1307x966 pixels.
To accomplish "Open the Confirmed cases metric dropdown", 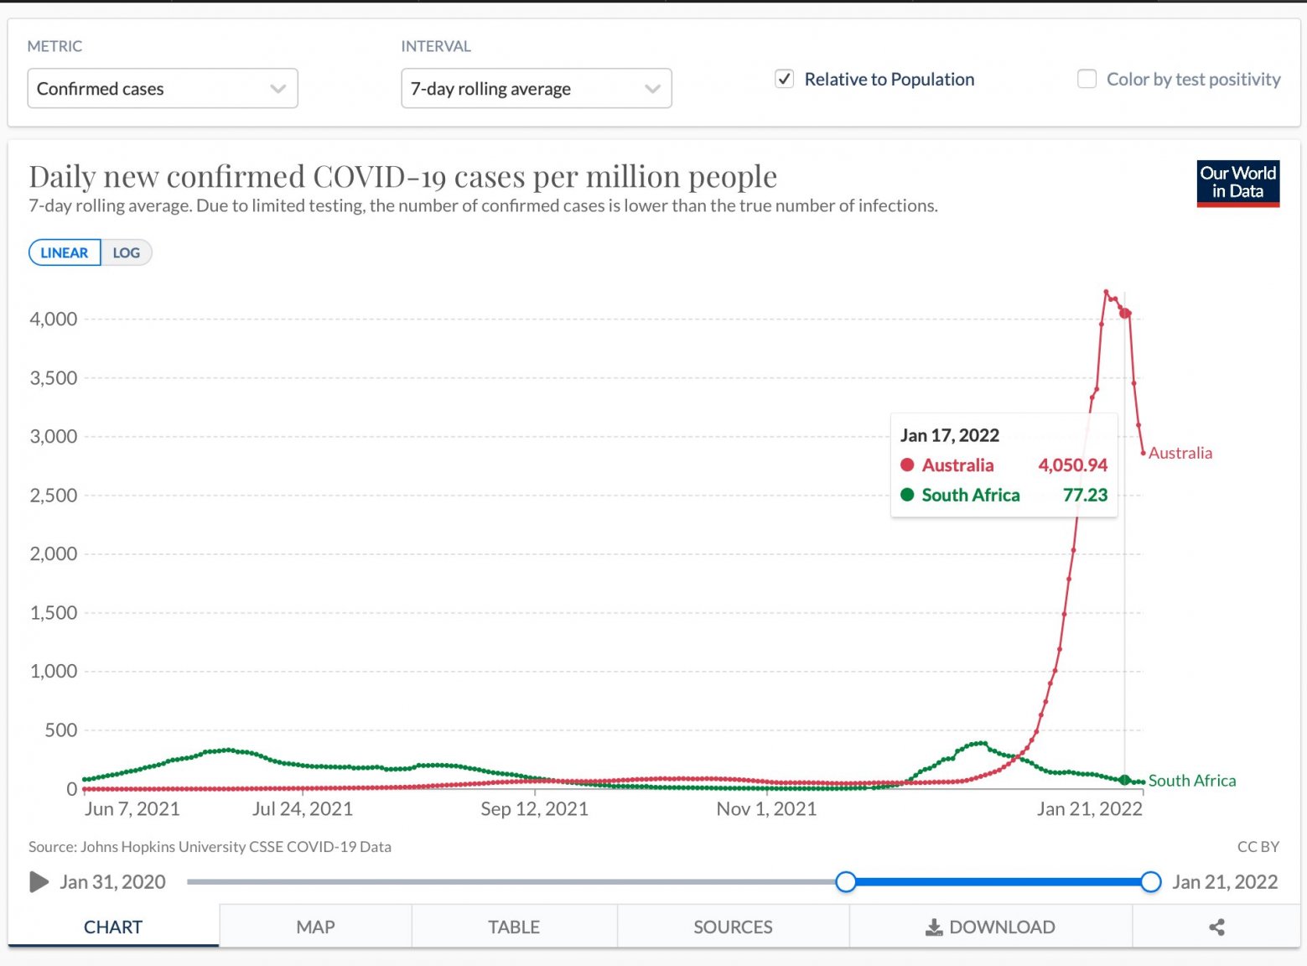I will pyautogui.click(x=163, y=89).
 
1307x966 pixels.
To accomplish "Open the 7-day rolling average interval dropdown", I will pyautogui.click(x=536, y=89).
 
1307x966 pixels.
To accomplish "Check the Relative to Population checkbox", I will pyautogui.click(x=785, y=80).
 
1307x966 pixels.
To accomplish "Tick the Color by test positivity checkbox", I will pyautogui.click(x=1087, y=80).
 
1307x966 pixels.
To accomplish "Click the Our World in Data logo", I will pyautogui.click(x=1237, y=183).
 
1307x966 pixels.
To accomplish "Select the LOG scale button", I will pyautogui.click(x=127, y=253).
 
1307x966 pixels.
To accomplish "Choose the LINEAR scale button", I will pyautogui.click(x=65, y=253).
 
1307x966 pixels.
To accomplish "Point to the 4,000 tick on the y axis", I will pyautogui.click(x=54, y=319).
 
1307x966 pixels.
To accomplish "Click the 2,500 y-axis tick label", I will pyautogui.click(x=54, y=496).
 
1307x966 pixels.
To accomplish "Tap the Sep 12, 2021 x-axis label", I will pyautogui.click(x=534, y=809).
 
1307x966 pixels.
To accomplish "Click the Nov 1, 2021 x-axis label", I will pyautogui.click(x=766, y=809).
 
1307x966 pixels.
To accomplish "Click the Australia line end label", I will pyautogui.click(x=1180, y=454).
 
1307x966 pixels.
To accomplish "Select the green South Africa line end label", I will pyautogui.click(x=1191, y=781).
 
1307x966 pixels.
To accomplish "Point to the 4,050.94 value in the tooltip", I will pyautogui.click(x=1072, y=465).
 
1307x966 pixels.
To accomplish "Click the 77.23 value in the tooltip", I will pyautogui.click(x=1085, y=496).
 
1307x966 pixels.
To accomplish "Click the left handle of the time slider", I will pyautogui.click(x=846, y=882).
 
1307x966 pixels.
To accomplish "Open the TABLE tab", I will pyautogui.click(x=514, y=927).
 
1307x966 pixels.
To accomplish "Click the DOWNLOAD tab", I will pyautogui.click(x=990, y=927).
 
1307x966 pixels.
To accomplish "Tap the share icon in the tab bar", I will pyautogui.click(x=1216, y=927).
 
